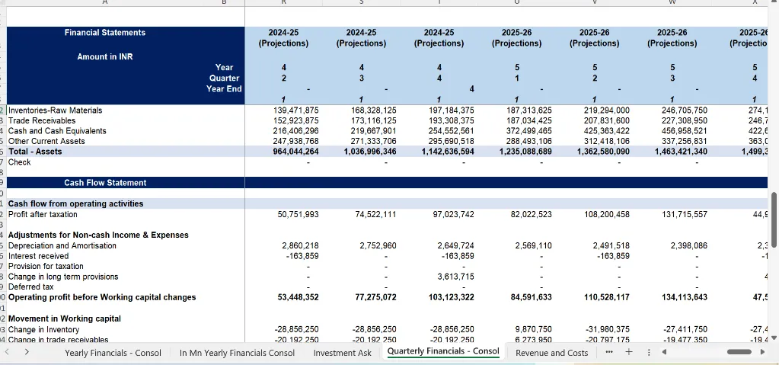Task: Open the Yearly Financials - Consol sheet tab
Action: tap(113, 353)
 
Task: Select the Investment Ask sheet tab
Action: tap(343, 353)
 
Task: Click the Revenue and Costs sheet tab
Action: tap(552, 353)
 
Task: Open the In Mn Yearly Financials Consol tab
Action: tap(237, 353)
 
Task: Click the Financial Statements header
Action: tap(105, 33)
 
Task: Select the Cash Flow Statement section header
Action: tap(105, 183)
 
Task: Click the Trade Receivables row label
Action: tap(42, 120)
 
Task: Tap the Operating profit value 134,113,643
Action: tap(680, 297)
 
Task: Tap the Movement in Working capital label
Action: tap(64, 319)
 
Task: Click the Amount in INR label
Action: tap(104, 57)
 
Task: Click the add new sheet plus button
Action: tap(629, 352)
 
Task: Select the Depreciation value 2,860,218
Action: tap(300, 245)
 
